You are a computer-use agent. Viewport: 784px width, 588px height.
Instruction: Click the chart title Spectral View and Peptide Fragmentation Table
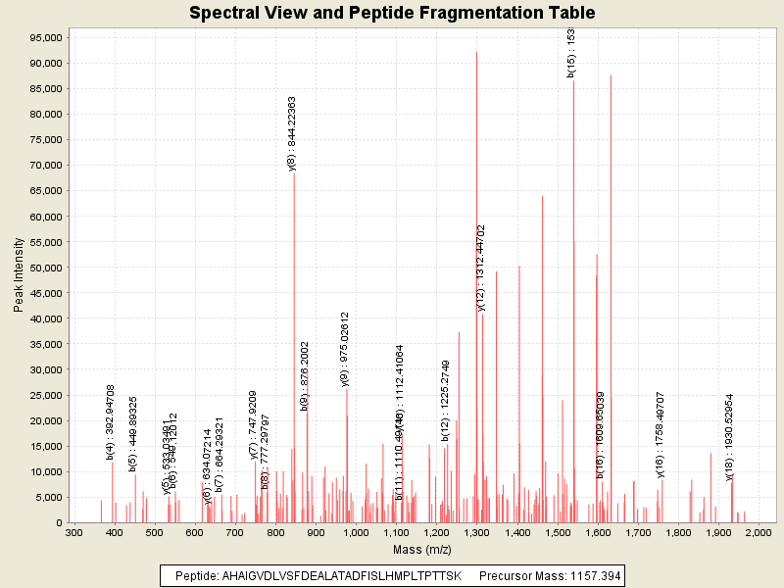click(392, 13)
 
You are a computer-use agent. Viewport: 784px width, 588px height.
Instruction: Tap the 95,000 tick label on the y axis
click(46, 37)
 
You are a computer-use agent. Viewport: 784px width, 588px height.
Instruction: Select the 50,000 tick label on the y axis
click(46, 268)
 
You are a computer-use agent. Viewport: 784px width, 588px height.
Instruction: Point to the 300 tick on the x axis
click(74, 532)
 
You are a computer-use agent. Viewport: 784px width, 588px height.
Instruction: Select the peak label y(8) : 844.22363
click(292, 133)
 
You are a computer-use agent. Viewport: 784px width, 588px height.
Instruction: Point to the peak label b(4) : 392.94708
click(111, 421)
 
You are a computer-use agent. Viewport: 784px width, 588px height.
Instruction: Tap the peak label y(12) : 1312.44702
click(481, 268)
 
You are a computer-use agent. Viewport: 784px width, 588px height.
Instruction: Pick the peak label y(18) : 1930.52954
click(730, 437)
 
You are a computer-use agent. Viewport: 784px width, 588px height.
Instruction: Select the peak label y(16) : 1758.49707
click(661, 435)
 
